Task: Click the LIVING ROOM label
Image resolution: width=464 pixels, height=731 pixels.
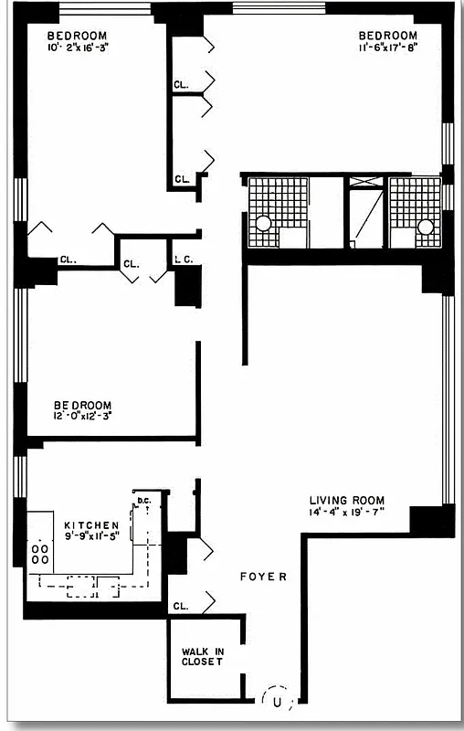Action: (346, 500)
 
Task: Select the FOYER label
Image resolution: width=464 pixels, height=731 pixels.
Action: (263, 577)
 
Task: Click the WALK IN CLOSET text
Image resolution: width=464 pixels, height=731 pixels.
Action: (202, 655)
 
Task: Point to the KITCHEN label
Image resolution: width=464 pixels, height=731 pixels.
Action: (91, 524)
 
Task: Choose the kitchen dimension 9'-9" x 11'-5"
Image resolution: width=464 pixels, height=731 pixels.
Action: (91, 536)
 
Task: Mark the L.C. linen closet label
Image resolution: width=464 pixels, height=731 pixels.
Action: (183, 260)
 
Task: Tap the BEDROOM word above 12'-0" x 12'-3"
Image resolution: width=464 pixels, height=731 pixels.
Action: (82, 405)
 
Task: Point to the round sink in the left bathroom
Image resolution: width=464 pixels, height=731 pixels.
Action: (263, 223)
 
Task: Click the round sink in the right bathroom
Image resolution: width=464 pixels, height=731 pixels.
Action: (425, 226)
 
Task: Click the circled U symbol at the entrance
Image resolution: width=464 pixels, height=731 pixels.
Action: (276, 699)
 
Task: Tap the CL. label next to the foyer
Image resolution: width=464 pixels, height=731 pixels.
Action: (180, 605)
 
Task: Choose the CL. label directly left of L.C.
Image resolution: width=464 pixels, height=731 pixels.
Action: (132, 263)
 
